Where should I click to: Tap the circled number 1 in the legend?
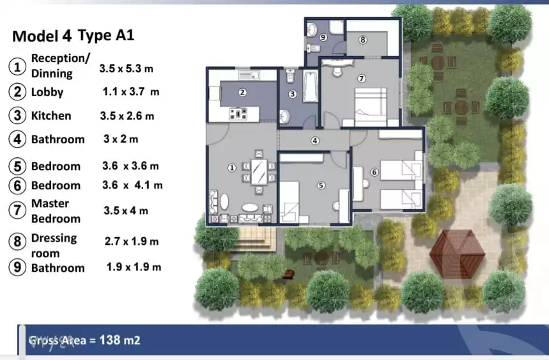18,67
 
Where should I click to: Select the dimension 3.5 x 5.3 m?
126,67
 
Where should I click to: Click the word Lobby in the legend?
47,92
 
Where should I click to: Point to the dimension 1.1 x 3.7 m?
131,92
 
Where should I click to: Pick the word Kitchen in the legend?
51,116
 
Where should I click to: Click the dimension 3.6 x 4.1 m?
132,185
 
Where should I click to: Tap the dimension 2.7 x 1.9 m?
132,242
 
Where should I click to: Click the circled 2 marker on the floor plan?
242,92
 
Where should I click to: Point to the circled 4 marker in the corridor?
314,141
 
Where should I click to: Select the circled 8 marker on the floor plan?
362,40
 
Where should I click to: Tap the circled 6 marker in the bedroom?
375,172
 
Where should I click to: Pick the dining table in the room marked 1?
259,170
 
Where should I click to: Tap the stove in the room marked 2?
240,114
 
